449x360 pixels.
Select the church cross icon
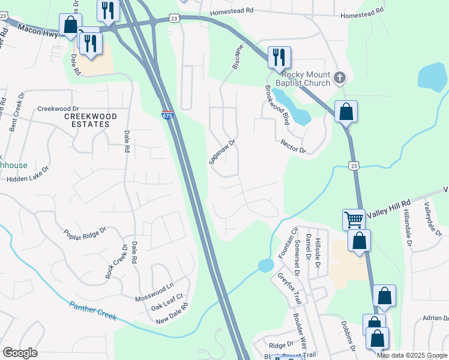[x=340, y=77]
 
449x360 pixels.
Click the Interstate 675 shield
[x=168, y=115]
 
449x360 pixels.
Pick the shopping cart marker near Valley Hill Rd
[x=354, y=219]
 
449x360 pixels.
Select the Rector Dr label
[x=294, y=146]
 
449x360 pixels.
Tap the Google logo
[x=20, y=353]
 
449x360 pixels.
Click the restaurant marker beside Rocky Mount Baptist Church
[x=279, y=58]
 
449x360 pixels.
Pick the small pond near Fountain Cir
[x=265, y=265]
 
